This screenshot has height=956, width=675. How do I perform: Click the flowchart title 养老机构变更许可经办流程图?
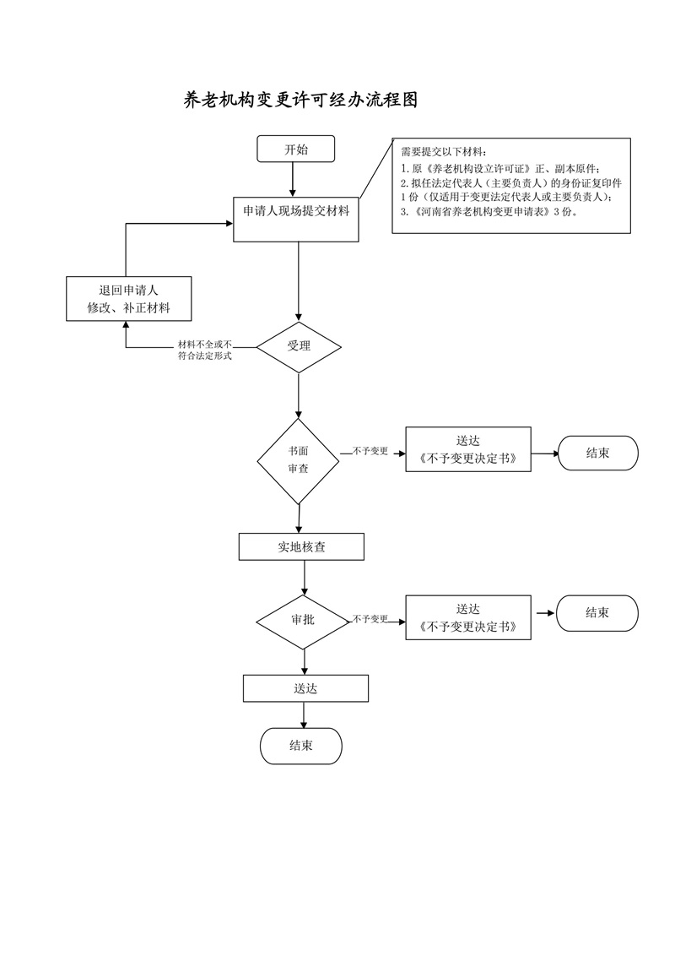301,100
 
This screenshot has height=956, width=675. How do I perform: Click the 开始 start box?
296,149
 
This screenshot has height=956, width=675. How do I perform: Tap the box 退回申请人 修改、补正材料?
129,299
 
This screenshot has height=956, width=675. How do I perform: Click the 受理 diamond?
299,346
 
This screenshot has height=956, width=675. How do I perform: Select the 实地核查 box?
301,547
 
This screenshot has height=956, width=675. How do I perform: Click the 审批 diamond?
303,620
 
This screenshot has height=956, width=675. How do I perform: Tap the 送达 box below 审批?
305,688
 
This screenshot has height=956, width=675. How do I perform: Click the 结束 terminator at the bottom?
301,746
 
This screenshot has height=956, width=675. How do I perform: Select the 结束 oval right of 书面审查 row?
597,454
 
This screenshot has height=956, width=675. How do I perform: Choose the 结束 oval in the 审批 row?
597,613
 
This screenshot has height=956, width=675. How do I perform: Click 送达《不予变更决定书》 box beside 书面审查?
468,450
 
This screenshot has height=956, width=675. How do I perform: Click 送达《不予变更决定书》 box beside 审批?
468,618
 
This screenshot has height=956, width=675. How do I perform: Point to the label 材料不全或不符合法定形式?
204,350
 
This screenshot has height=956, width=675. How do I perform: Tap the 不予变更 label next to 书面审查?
370,452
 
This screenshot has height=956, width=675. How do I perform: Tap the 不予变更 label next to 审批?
370,619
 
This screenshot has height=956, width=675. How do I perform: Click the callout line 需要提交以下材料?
444,152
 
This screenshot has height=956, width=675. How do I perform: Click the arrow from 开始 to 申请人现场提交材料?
292,178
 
